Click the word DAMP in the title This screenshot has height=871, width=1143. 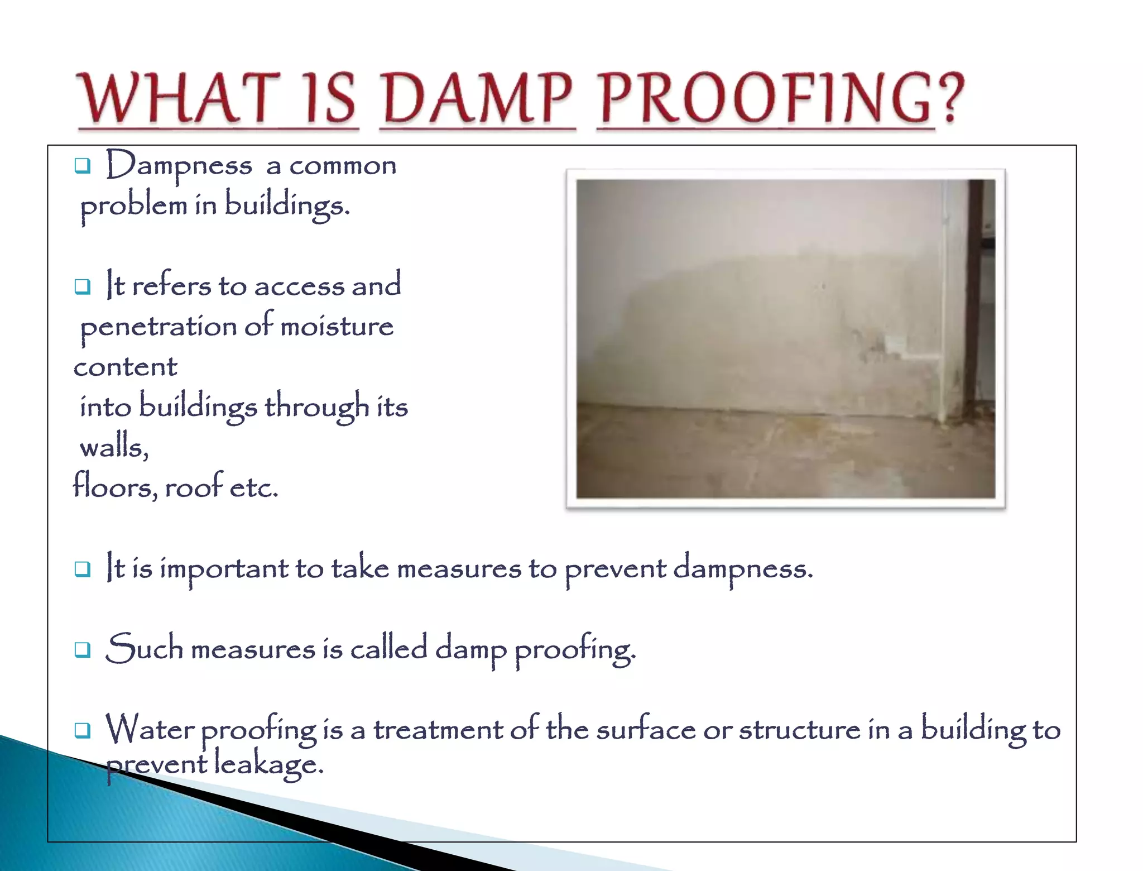[478, 99]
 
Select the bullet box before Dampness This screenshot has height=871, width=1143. [83, 166]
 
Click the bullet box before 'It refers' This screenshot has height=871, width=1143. [83, 286]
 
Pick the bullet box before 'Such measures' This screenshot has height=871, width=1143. [83, 649]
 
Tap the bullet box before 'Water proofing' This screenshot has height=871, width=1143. [83, 730]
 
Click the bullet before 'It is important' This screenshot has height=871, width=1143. [83, 569]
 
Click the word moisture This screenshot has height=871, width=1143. [337, 327]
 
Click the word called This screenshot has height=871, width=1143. [388, 649]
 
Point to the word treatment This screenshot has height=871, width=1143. [438, 730]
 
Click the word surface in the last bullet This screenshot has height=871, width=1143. [646, 730]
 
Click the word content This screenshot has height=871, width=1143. [126, 367]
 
